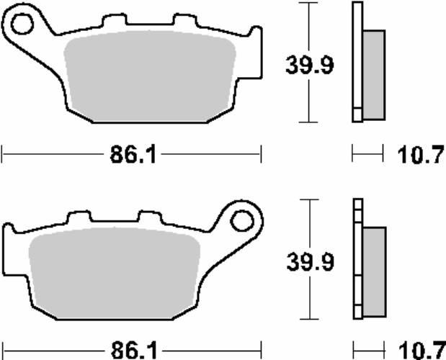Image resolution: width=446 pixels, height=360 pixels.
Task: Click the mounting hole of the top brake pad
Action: (x=22, y=24)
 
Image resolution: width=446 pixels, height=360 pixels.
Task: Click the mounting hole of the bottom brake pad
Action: (x=242, y=221)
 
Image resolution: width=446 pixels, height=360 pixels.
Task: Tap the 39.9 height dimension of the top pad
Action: (x=309, y=66)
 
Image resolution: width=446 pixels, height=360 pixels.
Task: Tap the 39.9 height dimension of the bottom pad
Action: (x=310, y=261)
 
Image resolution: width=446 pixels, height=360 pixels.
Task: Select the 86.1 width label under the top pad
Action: (x=133, y=155)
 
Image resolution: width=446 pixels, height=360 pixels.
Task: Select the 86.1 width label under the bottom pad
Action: (x=134, y=351)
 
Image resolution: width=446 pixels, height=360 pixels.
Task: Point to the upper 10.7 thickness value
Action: (x=421, y=155)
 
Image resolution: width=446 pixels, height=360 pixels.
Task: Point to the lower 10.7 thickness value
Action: (x=422, y=351)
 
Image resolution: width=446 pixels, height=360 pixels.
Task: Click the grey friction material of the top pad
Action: (x=150, y=76)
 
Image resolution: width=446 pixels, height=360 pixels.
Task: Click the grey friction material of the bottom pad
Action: (x=115, y=273)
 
